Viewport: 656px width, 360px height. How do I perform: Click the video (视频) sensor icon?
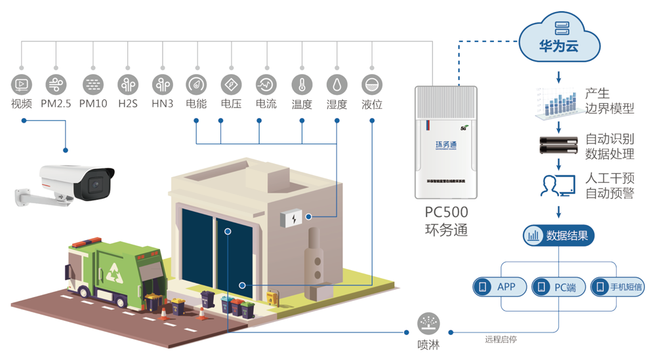pyautogui.click(x=22, y=84)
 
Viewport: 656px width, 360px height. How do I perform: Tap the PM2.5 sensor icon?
pyautogui.click(x=56, y=84)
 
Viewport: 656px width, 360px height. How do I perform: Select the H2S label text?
pyautogui.click(x=128, y=104)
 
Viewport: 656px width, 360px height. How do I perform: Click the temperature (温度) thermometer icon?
pyautogui.click(x=302, y=84)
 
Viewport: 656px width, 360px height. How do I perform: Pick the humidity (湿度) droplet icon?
pyautogui.click(x=337, y=84)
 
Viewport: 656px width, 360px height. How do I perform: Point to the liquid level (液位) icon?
pyautogui.click(x=372, y=84)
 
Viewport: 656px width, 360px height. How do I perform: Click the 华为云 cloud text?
pyautogui.click(x=559, y=48)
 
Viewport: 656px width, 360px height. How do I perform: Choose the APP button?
pyautogui.click(x=500, y=287)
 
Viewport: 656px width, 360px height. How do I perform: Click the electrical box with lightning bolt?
pyautogui.click(x=293, y=218)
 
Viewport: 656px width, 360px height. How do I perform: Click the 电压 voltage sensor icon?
pyautogui.click(x=230, y=84)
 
